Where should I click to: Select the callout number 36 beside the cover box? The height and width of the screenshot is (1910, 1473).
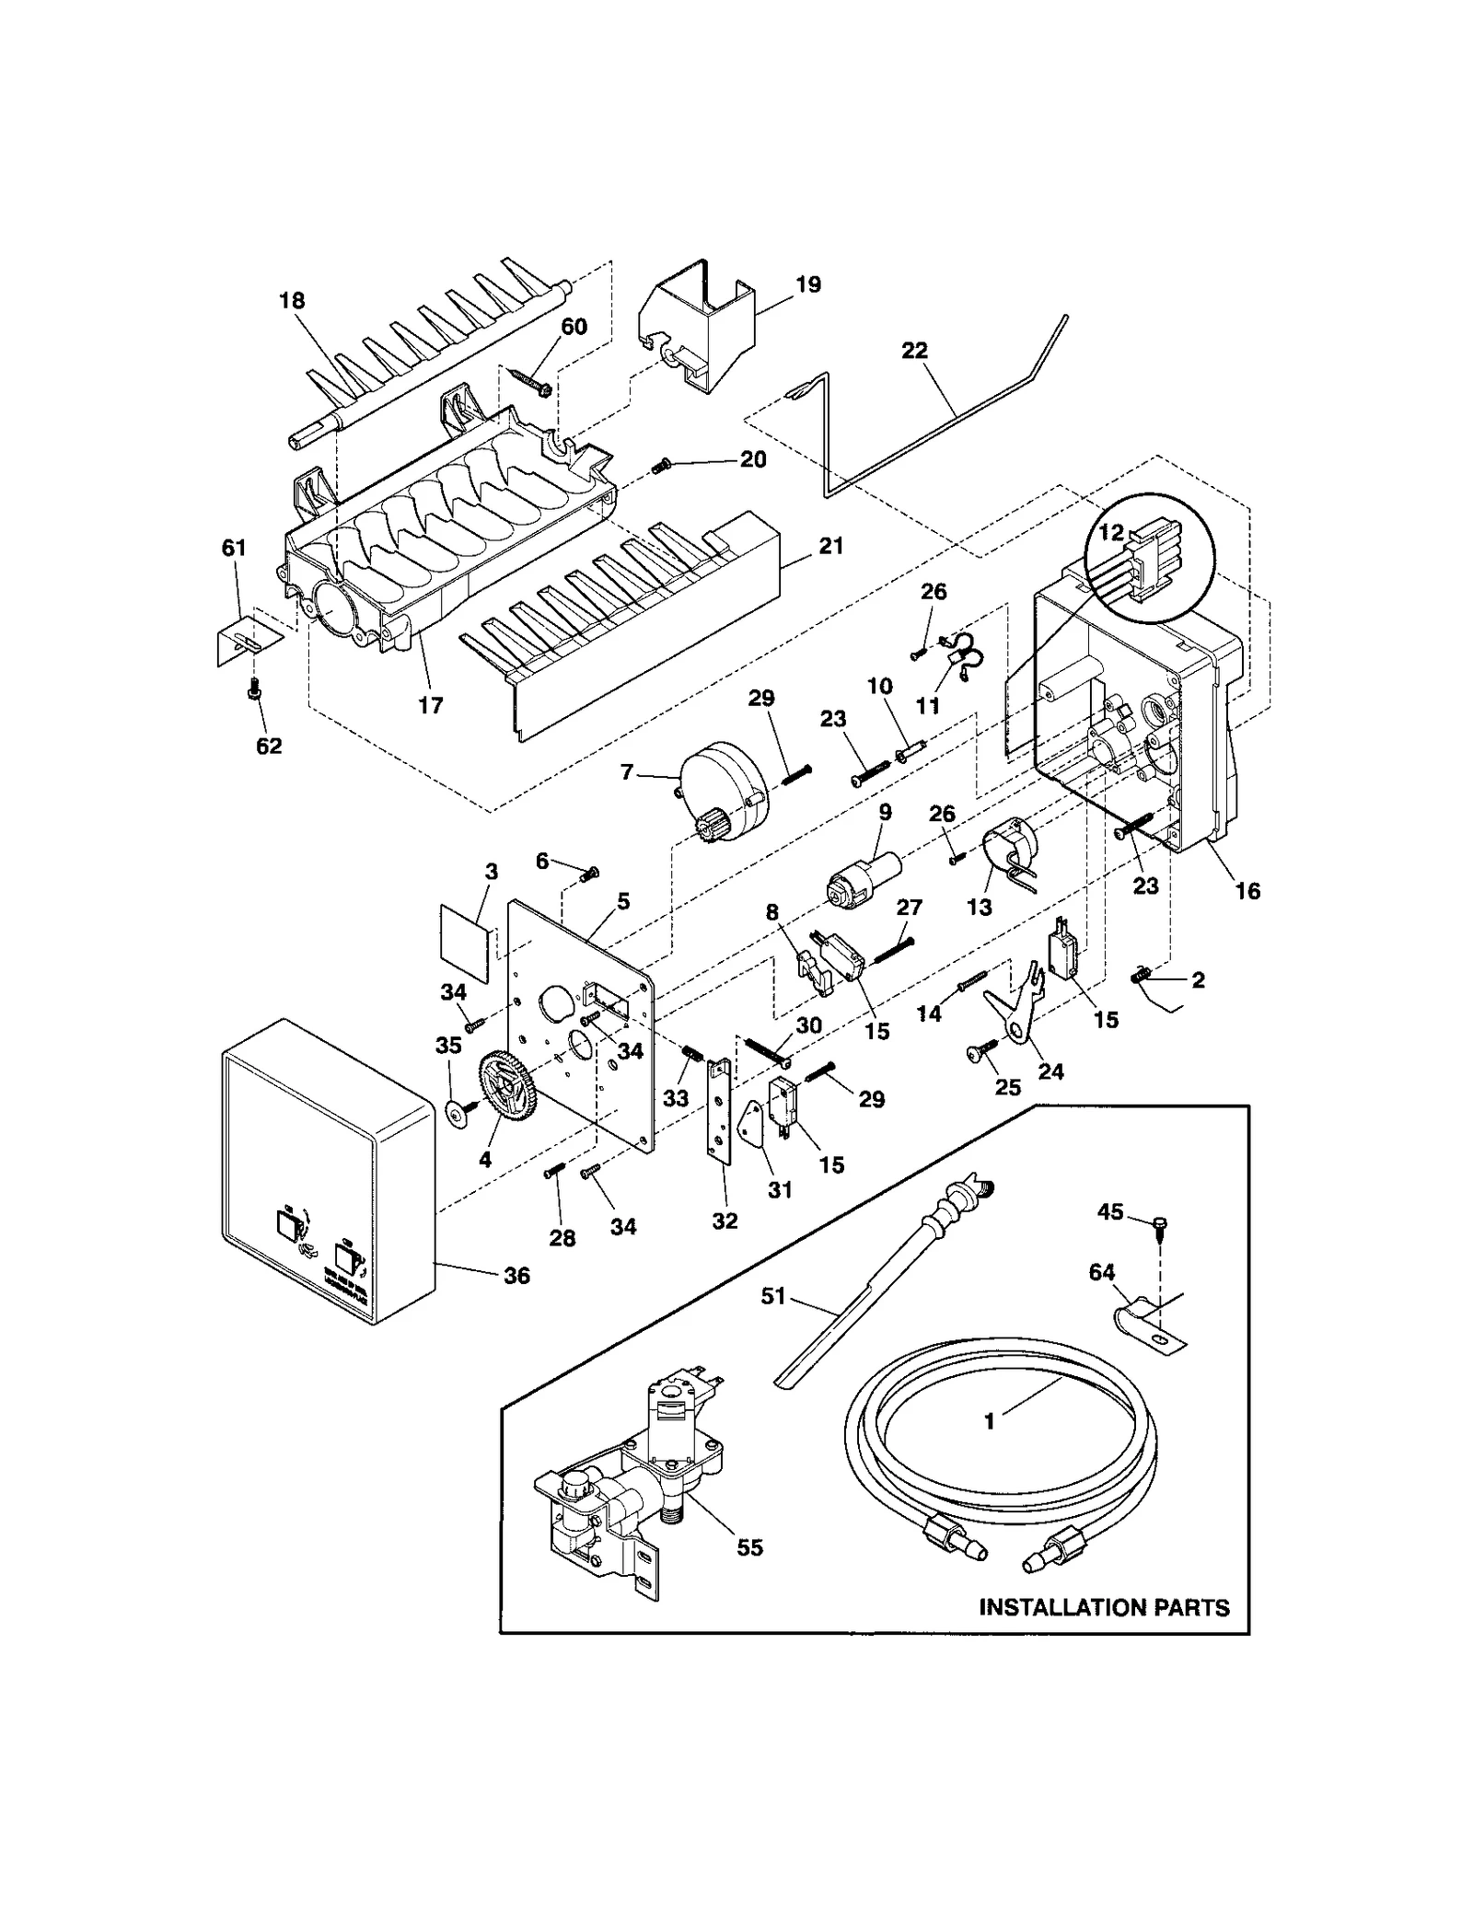(516, 1275)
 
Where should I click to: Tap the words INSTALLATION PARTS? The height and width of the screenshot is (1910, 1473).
(1103, 1607)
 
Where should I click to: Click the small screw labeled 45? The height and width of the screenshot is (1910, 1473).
(1160, 1223)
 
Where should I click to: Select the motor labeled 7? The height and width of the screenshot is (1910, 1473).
(723, 793)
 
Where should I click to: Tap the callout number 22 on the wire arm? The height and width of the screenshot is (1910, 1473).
(914, 351)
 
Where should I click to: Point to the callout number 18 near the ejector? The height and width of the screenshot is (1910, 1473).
(292, 300)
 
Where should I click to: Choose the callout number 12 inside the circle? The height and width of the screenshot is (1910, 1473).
(1110, 533)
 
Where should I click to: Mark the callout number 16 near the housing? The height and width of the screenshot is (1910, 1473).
(1247, 890)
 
